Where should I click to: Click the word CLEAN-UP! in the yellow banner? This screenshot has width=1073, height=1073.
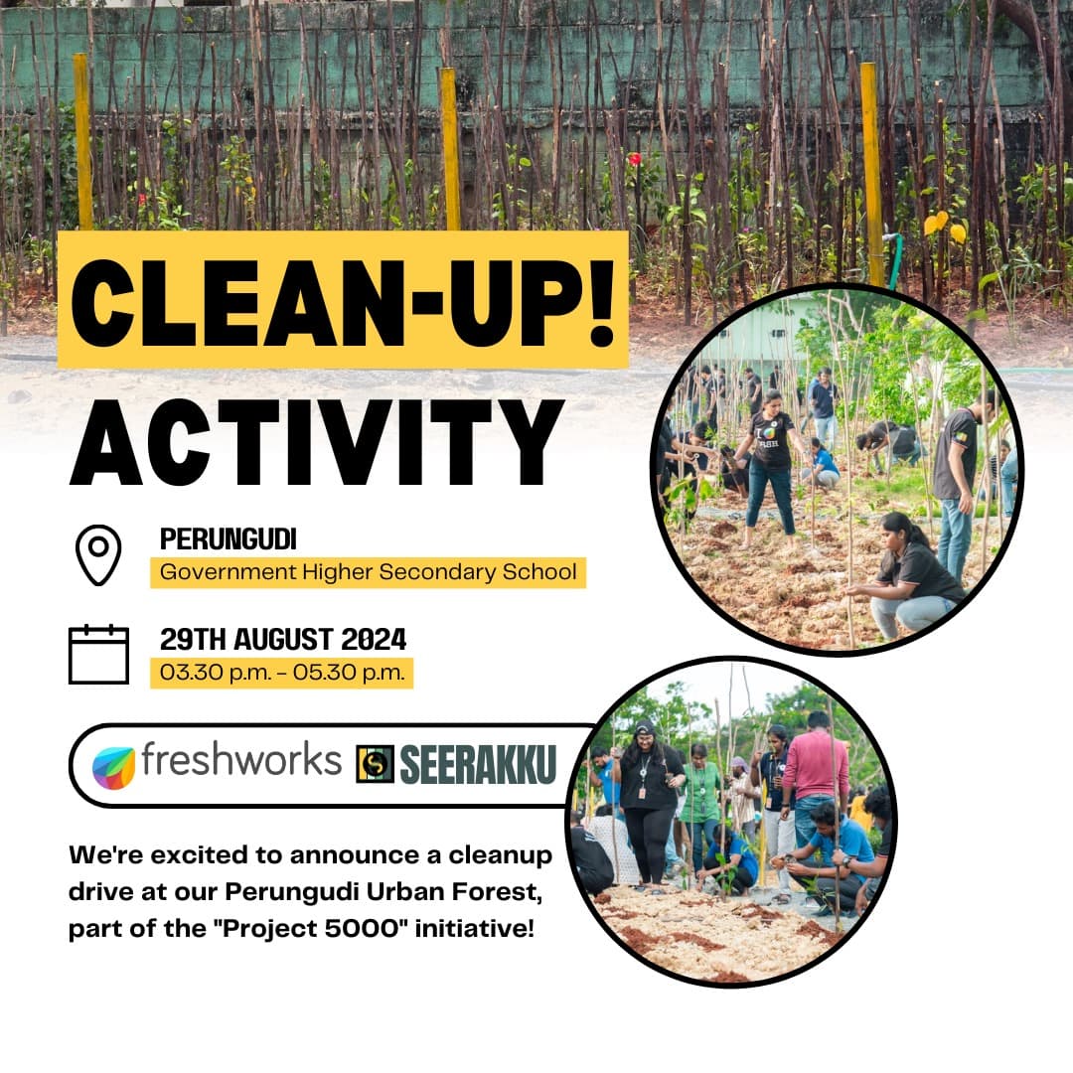[343, 299]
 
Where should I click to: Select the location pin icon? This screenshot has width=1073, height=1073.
[98, 554]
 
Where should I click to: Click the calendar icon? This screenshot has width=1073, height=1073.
[98, 654]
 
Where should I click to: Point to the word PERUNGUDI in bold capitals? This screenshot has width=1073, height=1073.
[229, 539]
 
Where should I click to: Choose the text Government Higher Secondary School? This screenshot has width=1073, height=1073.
[368, 572]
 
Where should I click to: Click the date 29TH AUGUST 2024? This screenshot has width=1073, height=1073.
[283, 639]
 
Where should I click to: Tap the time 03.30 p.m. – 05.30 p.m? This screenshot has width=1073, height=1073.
[282, 673]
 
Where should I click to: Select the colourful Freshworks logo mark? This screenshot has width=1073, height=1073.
[113, 767]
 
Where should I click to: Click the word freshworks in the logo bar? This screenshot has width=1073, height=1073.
[240, 760]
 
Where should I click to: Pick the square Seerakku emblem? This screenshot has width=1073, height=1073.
[375, 764]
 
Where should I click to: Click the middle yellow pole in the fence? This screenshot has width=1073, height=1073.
[450, 149]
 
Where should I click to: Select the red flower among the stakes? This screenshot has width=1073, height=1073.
[633, 159]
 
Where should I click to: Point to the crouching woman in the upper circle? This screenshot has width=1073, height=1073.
[909, 576]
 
